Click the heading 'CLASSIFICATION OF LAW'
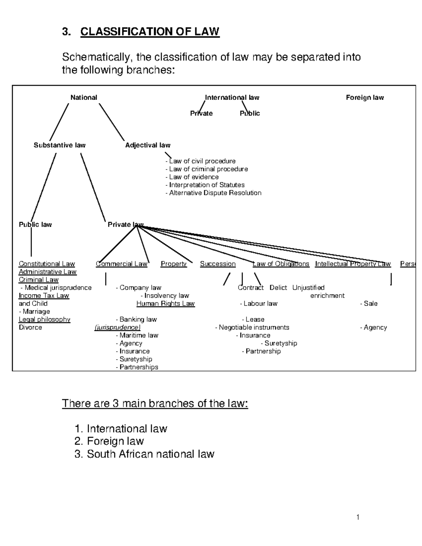[150, 32]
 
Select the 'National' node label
[84, 97]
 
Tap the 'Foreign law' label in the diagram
[365, 97]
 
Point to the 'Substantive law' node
[59, 145]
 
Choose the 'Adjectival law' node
[148, 145]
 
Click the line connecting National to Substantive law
[59, 122]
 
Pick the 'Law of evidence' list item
[192, 177]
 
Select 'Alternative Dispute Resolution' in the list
[214, 193]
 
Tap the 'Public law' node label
[35, 225]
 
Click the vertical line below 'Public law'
[31, 243]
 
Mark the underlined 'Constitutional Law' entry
[47, 264]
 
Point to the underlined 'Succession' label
[218, 264]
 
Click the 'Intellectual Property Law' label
[353, 264]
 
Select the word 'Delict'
[278, 288]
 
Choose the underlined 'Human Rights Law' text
[165, 303]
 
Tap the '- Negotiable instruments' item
[252, 327]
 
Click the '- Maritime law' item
[137, 335]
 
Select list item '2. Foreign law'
[109, 441]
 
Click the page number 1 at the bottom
[358, 517]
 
